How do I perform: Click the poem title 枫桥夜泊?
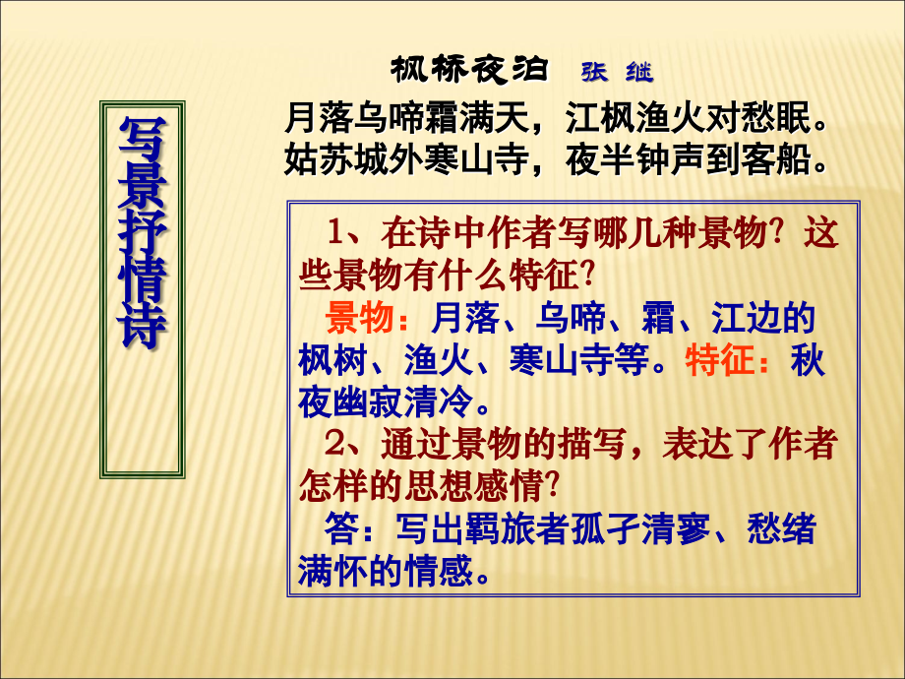[468, 70]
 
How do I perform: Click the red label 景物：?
[364, 318]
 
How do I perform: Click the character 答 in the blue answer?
[341, 530]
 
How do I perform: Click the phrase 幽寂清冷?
[398, 402]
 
